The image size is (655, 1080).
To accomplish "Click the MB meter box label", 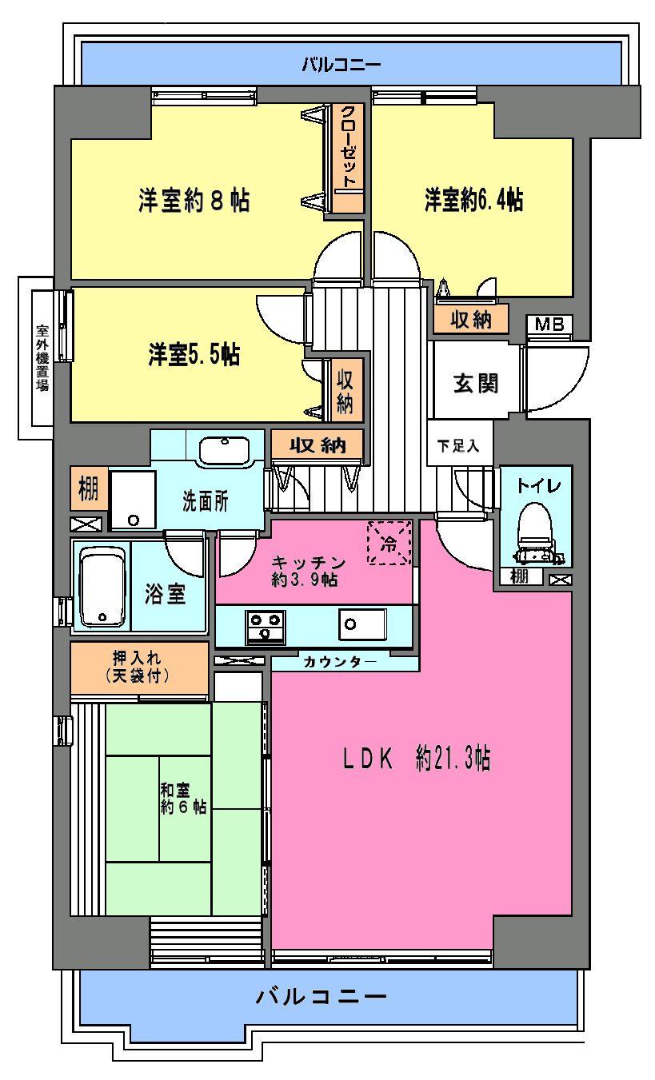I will click(x=549, y=324).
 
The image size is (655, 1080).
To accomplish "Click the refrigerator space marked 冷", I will click(x=389, y=543).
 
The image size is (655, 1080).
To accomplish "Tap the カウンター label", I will click(x=340, y=662).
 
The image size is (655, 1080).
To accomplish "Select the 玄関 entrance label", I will click(x=477, y=383).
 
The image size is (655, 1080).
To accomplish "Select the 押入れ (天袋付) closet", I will click(x=140, y=668).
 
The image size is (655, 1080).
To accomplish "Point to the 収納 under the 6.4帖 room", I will click(x=469, y=320).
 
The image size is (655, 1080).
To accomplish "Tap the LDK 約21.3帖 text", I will click(x=411, y=759).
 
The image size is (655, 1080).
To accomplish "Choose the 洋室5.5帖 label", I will click(x=194, y=354).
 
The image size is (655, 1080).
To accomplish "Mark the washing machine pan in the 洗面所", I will click(x=133, y=500).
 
